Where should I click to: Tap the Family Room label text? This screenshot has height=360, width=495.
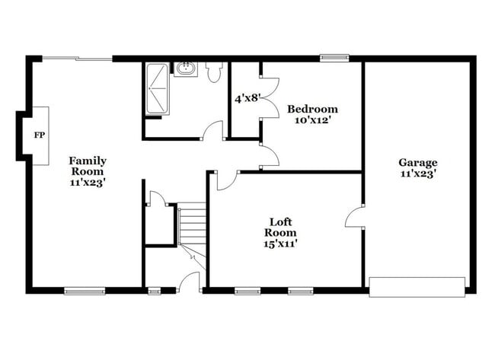[x=88, y=166]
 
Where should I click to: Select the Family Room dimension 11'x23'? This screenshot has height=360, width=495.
[x=88, y=182]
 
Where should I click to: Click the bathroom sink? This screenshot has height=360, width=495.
[x=185, y=70]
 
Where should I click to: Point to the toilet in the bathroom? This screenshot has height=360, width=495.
[x=213, y=72]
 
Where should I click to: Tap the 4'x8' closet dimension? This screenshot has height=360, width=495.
[x=247, y=98]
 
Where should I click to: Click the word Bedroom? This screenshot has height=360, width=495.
[x=312, y=110]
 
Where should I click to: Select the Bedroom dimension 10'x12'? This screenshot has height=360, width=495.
[x=312, y=120]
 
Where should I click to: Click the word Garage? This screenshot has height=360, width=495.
[x=418, y=162]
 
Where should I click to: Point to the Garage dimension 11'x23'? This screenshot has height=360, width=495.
[x=418, y=173]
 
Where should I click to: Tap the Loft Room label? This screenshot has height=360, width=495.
[x=280, y=227]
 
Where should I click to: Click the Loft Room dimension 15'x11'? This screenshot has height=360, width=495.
[x=280, y=244]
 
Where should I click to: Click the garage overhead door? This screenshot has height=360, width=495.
[x=417, y=287]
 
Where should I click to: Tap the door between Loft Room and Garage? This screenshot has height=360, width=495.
[x=354, y=216]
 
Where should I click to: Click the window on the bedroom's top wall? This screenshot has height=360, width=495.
[x=334, y=57]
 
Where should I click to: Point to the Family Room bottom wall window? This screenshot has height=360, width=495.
[x=84, y=290]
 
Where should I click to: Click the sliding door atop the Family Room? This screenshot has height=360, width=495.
[x=77, y=58]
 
